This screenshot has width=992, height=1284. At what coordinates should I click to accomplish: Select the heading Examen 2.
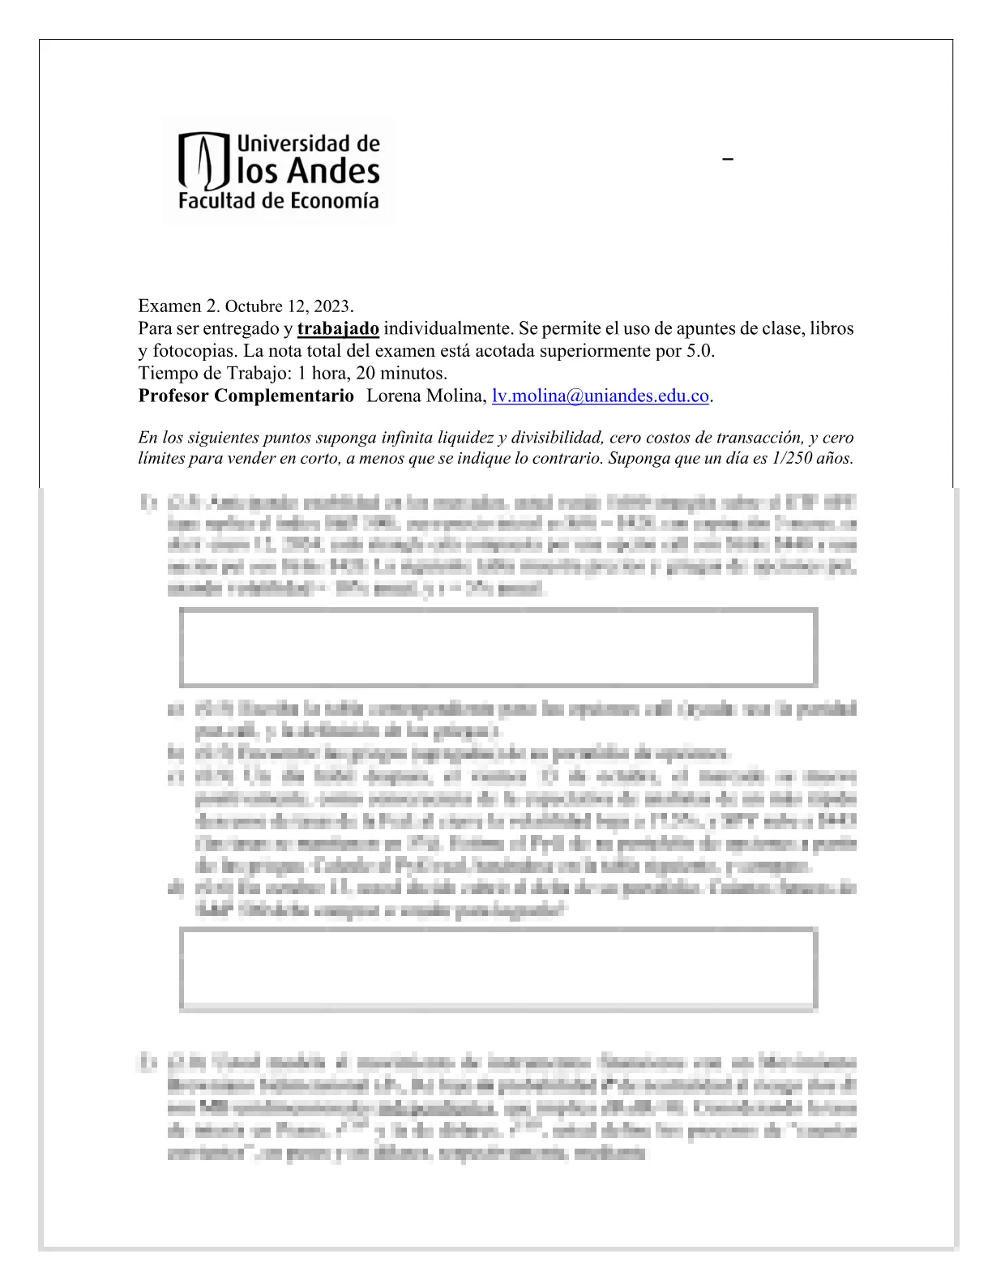click(178, 306)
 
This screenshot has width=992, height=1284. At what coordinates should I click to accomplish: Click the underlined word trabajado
click(338, 329)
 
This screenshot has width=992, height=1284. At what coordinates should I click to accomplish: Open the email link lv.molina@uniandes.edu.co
click(601, 396)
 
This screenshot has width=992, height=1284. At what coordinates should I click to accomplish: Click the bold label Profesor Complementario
click(246, 396)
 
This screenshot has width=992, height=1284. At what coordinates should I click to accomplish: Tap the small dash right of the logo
click(728, 160)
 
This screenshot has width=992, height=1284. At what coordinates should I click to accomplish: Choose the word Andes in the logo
click(332, 172)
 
